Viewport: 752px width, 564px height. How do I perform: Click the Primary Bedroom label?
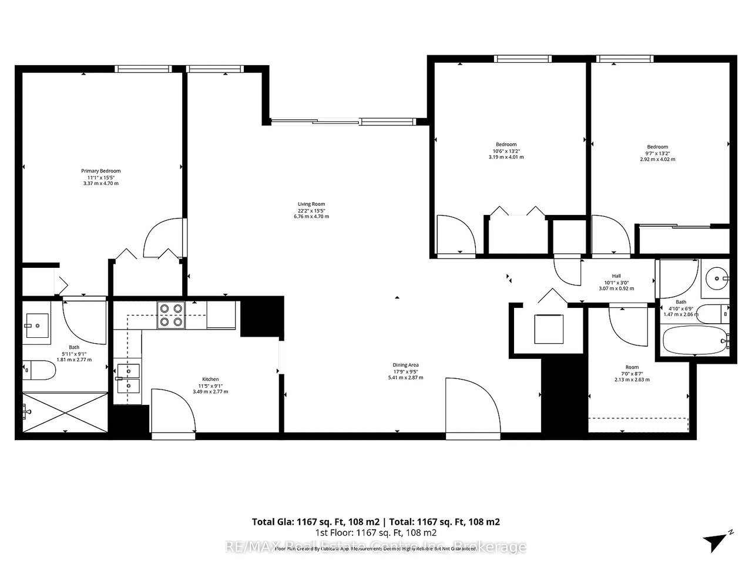(x=100, y=171)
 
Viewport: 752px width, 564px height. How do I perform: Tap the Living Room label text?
(x=311, y=204)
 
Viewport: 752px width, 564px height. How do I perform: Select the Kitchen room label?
(x=210, y=380)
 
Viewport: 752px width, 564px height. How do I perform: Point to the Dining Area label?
(x=405, y=365)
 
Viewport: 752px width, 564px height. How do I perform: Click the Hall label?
(x=616, y=276)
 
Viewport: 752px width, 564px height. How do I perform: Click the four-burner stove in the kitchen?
(x=171, y=314)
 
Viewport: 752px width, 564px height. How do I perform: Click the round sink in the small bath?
(x=716, y=278)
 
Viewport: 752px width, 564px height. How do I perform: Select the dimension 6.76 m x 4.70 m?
(x=311, y=216)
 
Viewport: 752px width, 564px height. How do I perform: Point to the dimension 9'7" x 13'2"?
(x=657, y=153)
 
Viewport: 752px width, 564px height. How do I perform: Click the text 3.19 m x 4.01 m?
(x=506, y=157)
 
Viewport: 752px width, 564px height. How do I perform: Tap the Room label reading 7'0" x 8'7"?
(x=632, y=373)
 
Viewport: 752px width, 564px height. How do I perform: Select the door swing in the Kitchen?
(x=173, y=412)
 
